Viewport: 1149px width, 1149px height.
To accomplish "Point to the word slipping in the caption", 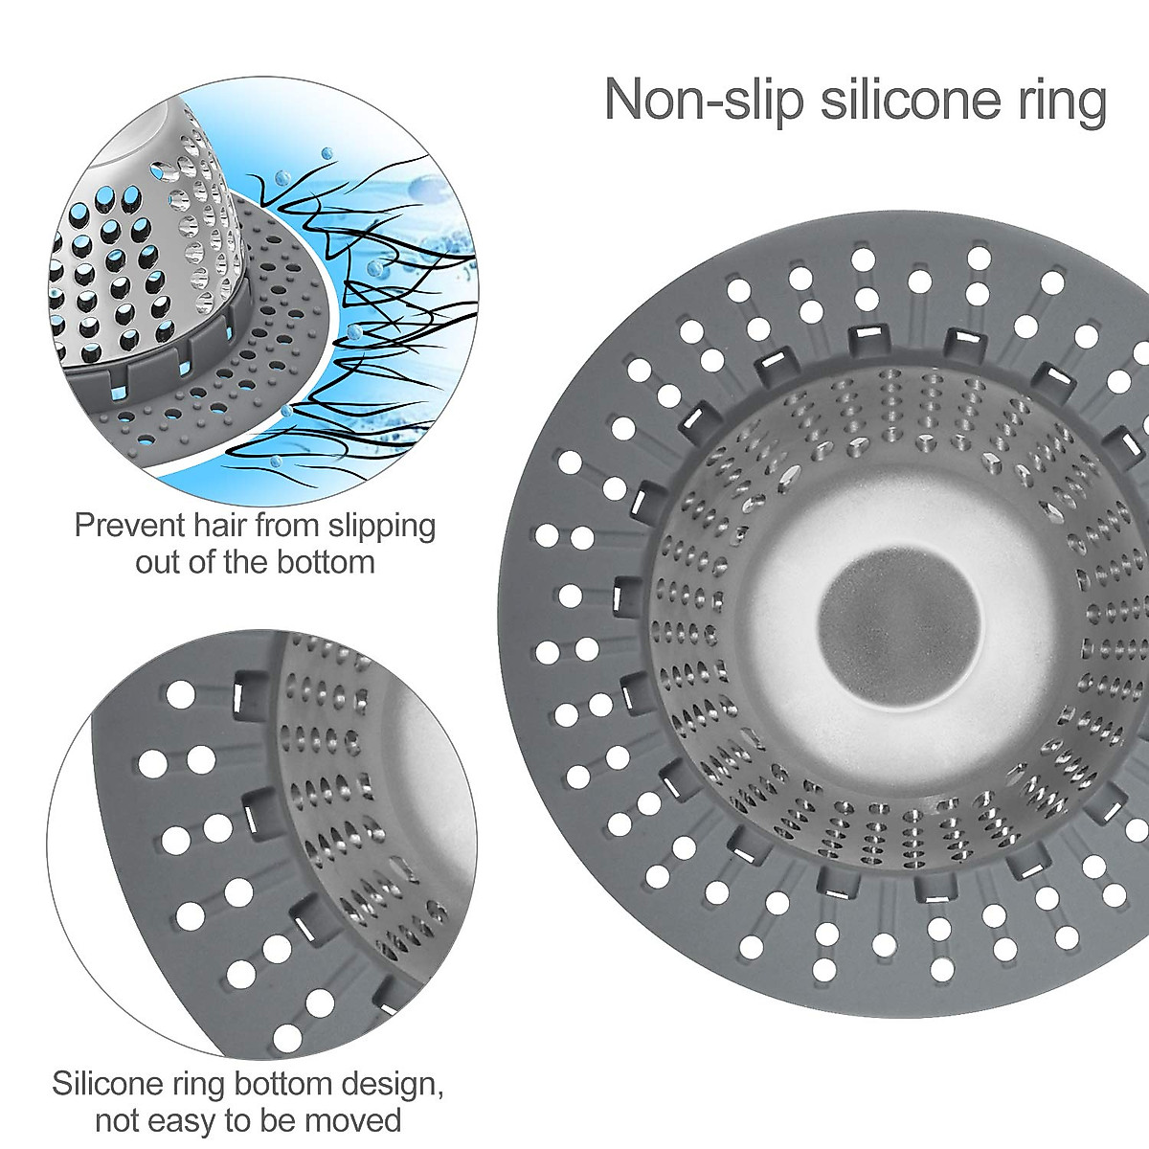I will (x=382, y=528).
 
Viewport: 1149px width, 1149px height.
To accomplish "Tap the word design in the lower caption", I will (x=388, y=1086).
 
